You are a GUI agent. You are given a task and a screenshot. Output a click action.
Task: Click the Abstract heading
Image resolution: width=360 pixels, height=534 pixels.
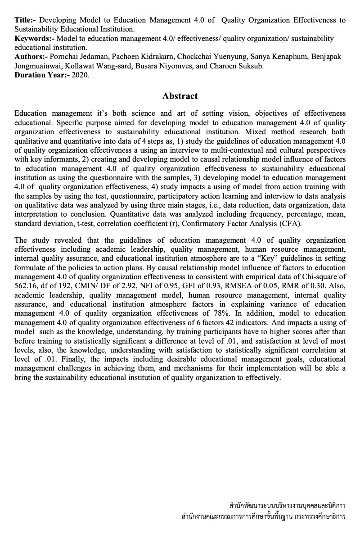[x=180, y=96]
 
